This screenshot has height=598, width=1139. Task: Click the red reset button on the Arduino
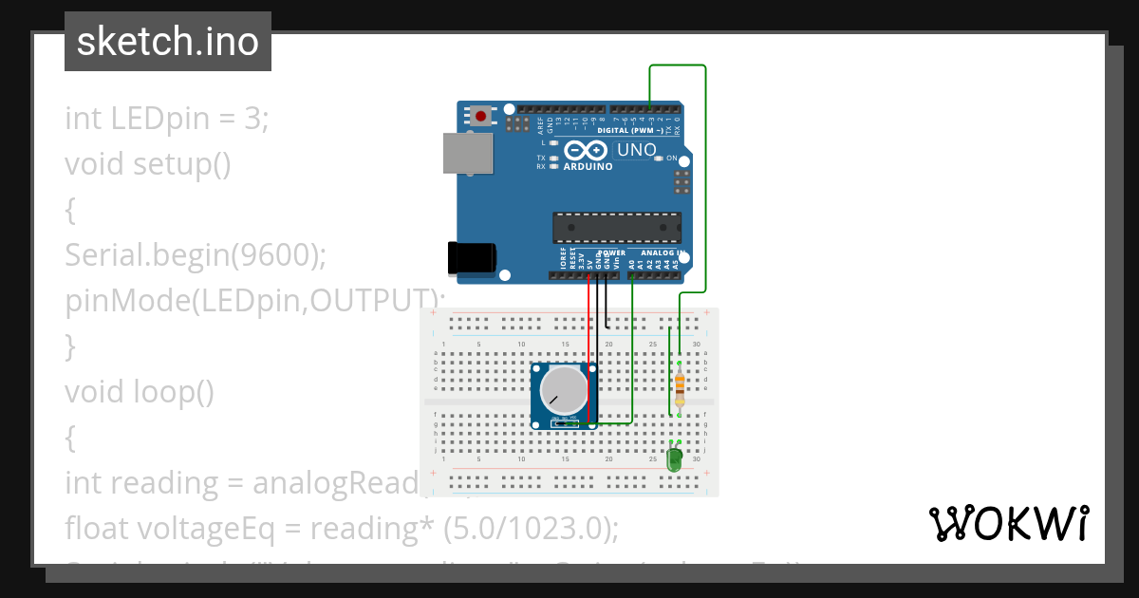click(481, 117)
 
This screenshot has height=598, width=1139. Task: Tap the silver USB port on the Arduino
click(468, 154)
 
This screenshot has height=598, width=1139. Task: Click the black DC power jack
click(472, 258)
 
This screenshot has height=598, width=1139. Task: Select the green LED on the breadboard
click(674, 460)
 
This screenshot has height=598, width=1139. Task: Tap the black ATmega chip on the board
click(617, 229)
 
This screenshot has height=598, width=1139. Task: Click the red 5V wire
click(588, 351)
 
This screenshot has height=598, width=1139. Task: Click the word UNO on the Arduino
click(636, 150)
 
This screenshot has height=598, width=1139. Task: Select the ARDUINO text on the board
click(588, 166)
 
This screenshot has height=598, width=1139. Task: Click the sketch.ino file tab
click(168, 42)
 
